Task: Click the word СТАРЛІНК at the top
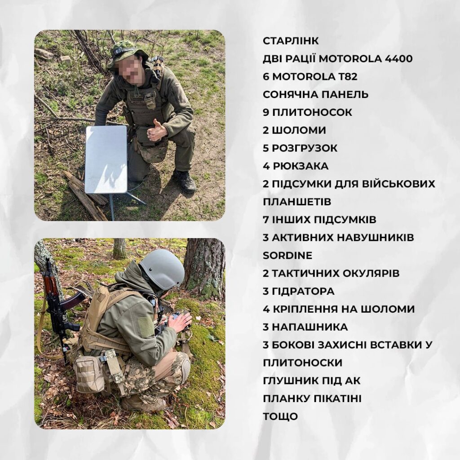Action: pos(291,41)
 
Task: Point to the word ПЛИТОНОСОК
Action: pos(312,112)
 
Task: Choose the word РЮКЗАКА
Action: pos(301,166)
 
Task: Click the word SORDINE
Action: pos(287,256)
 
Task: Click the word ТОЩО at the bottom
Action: pos(280,416)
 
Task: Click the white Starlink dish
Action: pos(106,159)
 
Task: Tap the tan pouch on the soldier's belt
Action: pos(89,374)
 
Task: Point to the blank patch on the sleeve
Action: pos(146,327)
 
